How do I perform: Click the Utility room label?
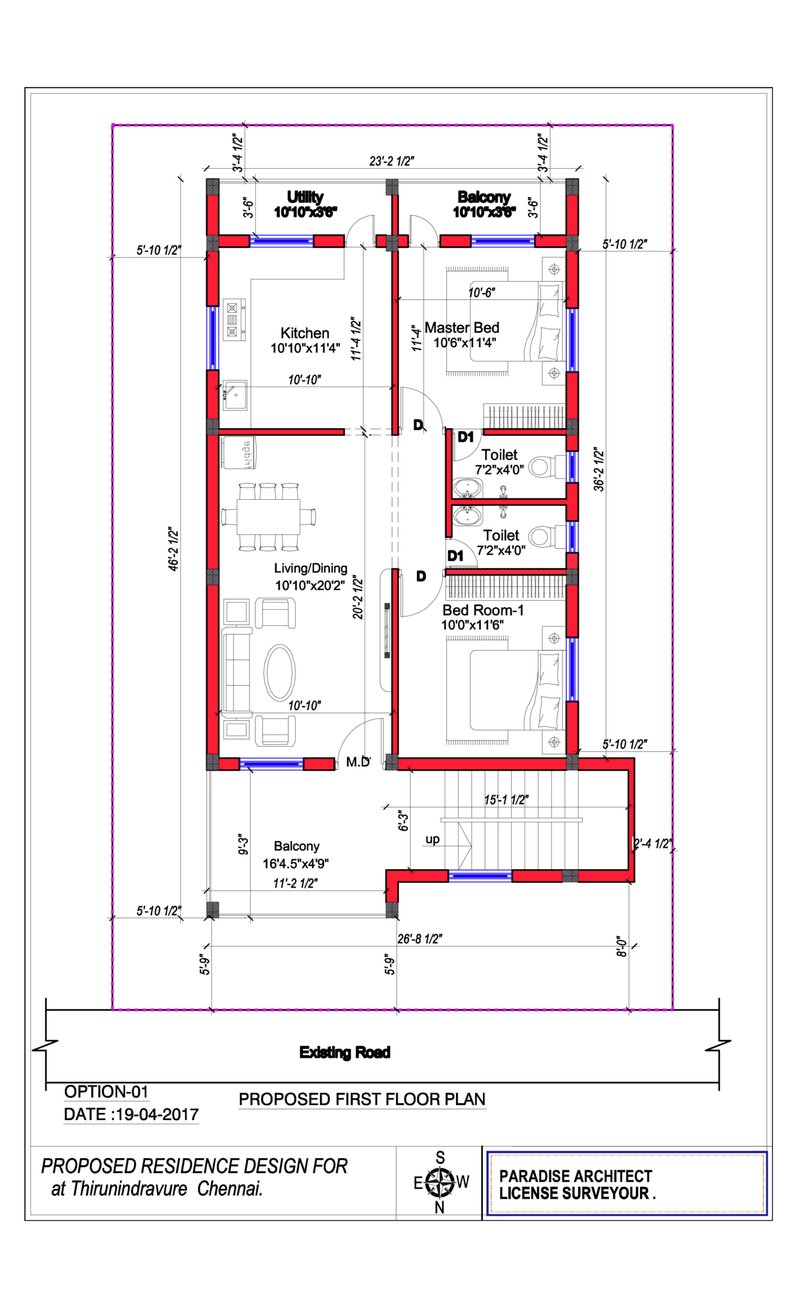(x=305, y=197)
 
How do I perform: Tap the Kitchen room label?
(x=305, y=333)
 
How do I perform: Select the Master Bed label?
(x=462, y=328)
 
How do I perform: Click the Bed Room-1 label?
(x=483, y=611)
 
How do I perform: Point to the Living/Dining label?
(x=311, y=569)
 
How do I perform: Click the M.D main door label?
(x=358, y=762)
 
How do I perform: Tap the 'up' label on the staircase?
(x=432, y=839)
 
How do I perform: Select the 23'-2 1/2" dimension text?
(x=391, y=161)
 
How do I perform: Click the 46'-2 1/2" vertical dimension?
(x=174, y=549)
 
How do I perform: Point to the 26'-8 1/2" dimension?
(x=420, y=939)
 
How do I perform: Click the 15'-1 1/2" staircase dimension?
(x=506, y=800)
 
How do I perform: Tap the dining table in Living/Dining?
(x=269, y=517)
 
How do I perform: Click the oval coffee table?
(x=279, y=672)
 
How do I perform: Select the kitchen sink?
(x=234, y=395)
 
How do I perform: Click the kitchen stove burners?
(x=233, y=319)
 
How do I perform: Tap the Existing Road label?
(x=345, y=1052)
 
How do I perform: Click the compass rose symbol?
(x=440, y=1182)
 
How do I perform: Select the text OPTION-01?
(x=106, y=1091)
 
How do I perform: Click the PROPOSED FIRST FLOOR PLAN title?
(x=362, y=1099)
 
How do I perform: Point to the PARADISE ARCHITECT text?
(x=575, y=1176)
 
